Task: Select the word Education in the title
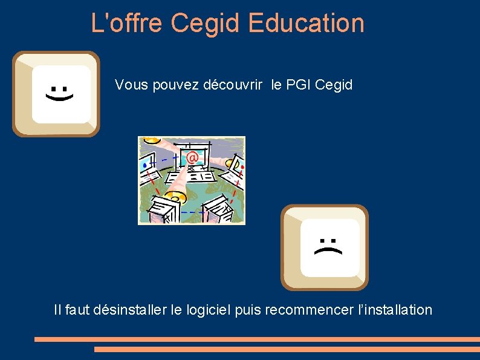point(306,23)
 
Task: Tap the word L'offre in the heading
point(128,23)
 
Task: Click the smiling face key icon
point(56,94)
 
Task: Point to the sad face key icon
point(325,247)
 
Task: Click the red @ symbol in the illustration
point(192,158)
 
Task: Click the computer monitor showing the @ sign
point(192,156)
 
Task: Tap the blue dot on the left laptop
point(144,164)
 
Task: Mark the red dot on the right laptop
point(242,165)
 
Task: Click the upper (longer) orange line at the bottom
point(257,339)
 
